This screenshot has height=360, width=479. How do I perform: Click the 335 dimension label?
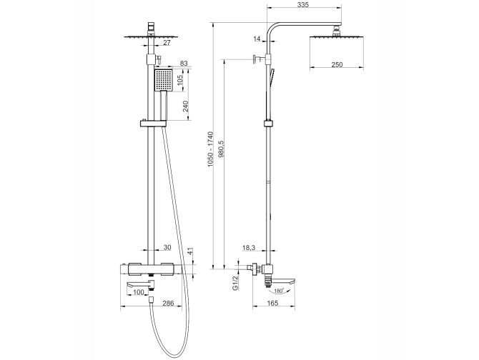(x=304, y=4)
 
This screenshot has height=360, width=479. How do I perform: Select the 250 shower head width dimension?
(x=337, y=64)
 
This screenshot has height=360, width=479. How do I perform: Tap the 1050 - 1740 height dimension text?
(x=210, y=149)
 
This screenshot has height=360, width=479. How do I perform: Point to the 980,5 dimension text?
(x=221, y=149)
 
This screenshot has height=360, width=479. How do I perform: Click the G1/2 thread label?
(x=235, y=284)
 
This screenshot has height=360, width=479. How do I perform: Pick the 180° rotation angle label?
(x=279, y=291)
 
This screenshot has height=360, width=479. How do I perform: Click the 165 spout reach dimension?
(x=273, y=303)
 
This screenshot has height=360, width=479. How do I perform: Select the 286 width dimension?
(x=168, y=303)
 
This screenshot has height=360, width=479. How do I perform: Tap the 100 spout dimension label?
(x=139, y=292)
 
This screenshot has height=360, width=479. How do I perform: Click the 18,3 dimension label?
(x=249, y=248)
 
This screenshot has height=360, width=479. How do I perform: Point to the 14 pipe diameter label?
(x=257, y=39)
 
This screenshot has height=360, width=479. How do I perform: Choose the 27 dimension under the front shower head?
(x=167, y=43)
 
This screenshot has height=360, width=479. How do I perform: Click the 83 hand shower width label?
(x=184, y=63)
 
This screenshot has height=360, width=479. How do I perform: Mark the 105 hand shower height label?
(x=179, y=80)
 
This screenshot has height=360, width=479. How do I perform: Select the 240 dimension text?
(x=185, y=106)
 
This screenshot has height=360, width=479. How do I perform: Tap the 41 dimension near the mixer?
(x=190, y=251)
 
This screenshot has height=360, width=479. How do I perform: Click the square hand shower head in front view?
(x=164, y=80)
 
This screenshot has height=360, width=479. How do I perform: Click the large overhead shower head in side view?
(x=337, y=37)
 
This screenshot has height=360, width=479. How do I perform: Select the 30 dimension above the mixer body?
(x=167, y=247)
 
